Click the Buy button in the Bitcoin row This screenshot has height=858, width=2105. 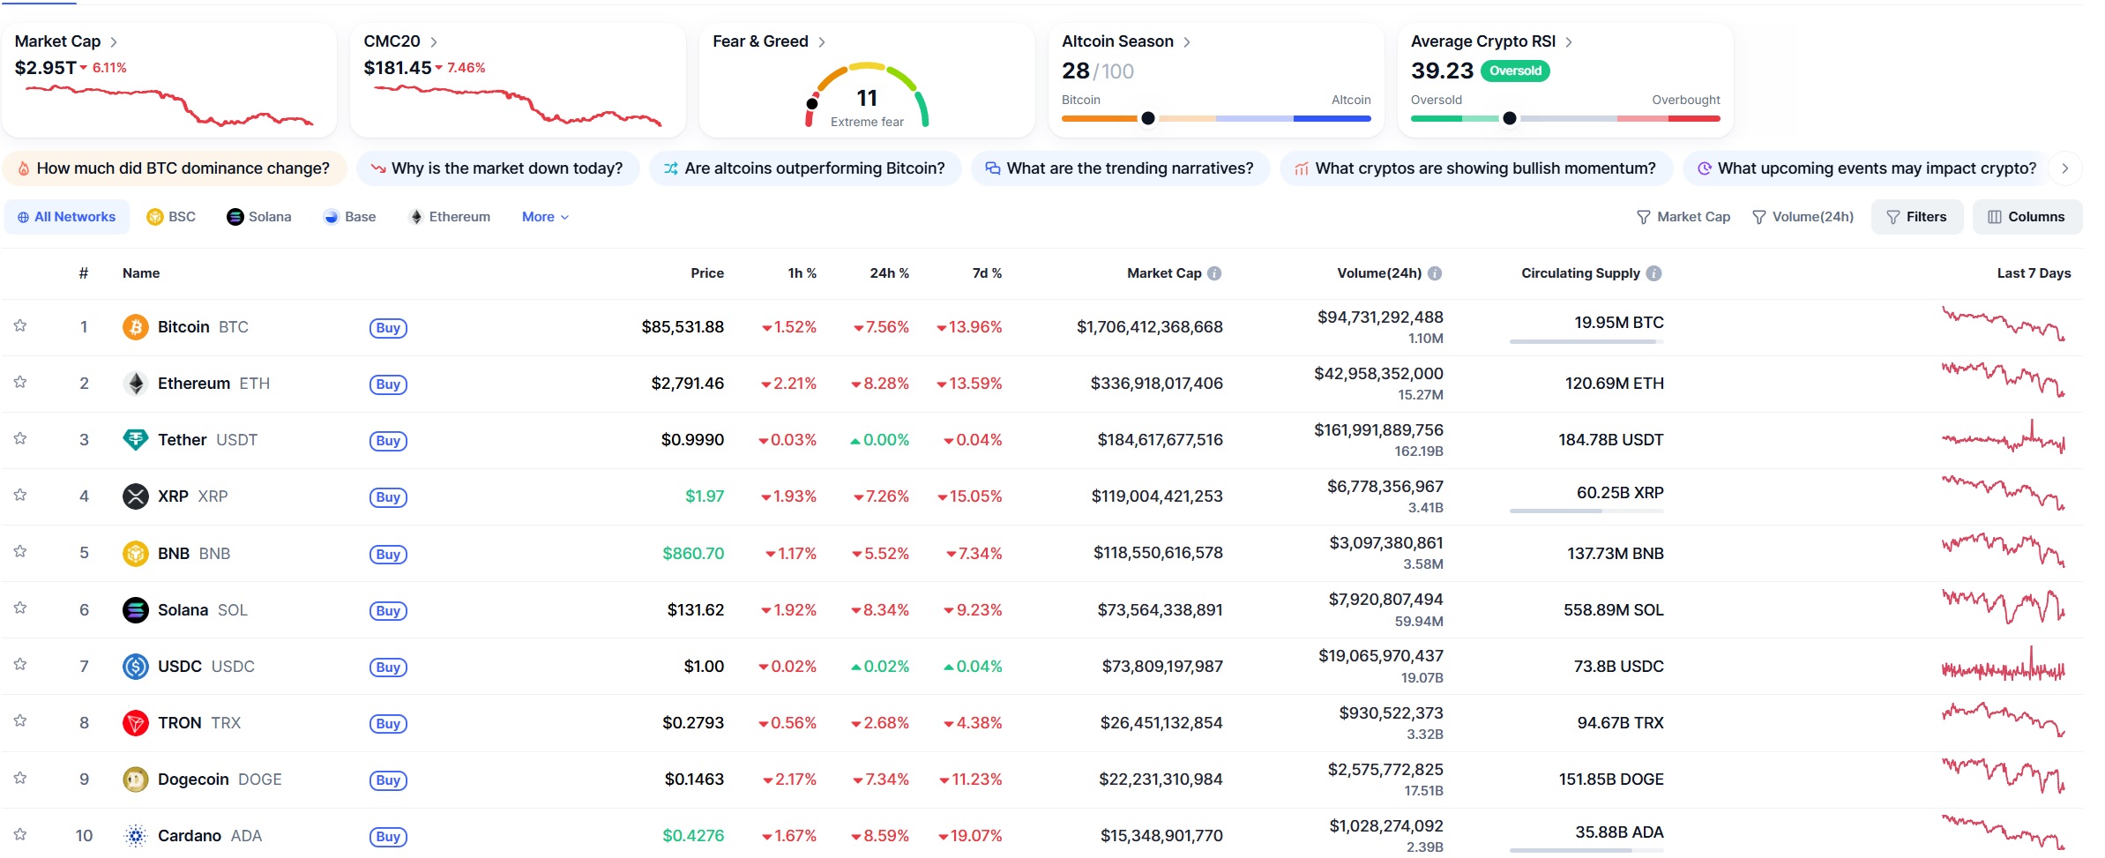(x=388, y=328)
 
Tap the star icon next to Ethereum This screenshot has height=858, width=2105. (x=20, y=383)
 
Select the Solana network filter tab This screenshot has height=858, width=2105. (x=259, y=217)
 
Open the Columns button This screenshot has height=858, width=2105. (x=2027, y=217)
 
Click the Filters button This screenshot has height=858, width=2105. (x=1916, y=217)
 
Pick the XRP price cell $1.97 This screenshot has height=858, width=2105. (x=704, y=496)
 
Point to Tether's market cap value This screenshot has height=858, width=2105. (x=1159, y=440)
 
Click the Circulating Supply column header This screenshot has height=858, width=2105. (x=1579, y=273)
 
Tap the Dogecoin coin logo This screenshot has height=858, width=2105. (x=136, y=780)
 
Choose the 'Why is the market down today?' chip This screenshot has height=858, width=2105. (x=496, y=168)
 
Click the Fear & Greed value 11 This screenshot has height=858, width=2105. (x=867, y=98)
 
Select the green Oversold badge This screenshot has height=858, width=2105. (x=1515, y=71)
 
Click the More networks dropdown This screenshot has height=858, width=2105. (x=545, y=217)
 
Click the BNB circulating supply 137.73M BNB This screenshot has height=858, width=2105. (x=1615, y=554)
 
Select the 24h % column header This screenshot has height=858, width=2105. (x=889, y=273)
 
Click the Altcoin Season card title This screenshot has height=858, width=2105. (x=1116, y=41)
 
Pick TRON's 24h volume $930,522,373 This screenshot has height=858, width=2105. (x=1391, y=713)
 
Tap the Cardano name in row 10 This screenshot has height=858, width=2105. (x=190, y=836)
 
